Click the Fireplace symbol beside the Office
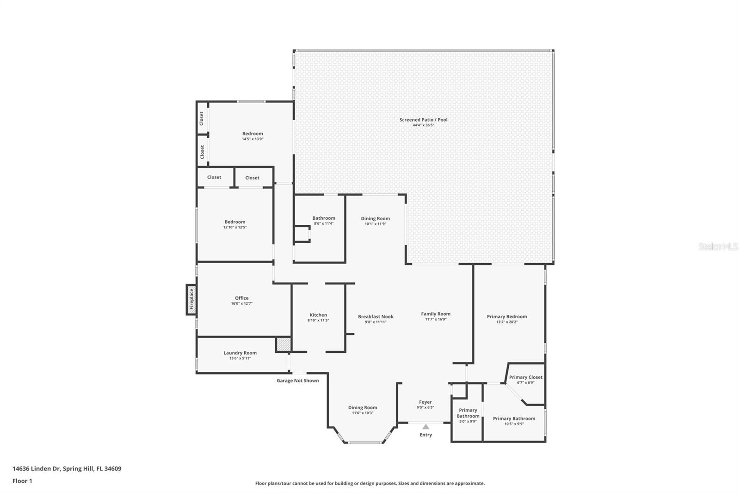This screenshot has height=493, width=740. [191, 300]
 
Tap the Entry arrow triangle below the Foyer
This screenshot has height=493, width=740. [426, 426]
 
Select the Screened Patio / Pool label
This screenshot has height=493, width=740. [423, 120]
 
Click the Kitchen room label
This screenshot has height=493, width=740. [318, 315]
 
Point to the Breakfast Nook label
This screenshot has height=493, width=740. [376, 316]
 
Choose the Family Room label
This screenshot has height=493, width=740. [435, 314]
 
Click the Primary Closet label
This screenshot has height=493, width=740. [525, 377]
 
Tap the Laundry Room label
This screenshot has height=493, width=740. [240, 353]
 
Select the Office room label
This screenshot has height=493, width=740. [241, 298]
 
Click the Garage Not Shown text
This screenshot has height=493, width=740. [298, 381]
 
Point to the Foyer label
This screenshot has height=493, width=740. [425, 402]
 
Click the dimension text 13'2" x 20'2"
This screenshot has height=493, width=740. [507, 322]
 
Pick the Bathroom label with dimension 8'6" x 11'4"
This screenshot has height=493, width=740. [324, 218]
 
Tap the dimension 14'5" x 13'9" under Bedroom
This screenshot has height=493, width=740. [253, 139]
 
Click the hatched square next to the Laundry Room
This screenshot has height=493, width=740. [284, 344]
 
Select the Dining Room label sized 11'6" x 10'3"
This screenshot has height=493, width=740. [363, 408]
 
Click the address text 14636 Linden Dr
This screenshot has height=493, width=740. [36, 468]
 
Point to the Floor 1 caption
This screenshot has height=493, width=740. [22, 481]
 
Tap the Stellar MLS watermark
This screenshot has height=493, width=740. [718, 246]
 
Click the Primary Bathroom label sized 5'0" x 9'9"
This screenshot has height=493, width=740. [468, 413]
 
